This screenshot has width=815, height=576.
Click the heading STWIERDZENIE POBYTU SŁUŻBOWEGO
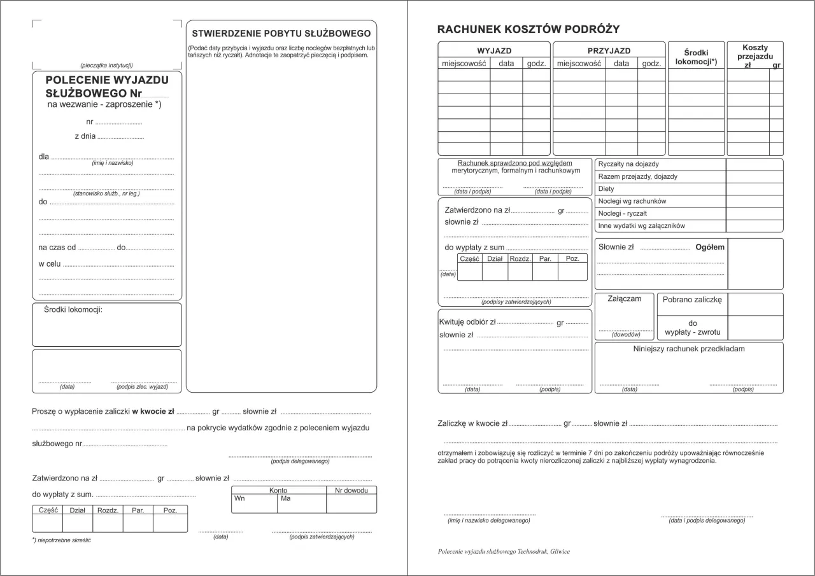(281, 33)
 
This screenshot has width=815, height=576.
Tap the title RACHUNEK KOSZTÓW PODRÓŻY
(528, 29)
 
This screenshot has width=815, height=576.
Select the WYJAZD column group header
(494, 51)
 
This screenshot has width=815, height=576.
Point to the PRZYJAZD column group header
(609, 51)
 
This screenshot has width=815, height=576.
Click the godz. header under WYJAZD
(536, 64)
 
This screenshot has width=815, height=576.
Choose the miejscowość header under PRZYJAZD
(579, 64)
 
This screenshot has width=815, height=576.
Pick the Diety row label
(606, 189)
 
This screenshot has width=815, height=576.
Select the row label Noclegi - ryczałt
(622, 214)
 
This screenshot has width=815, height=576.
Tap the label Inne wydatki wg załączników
(641, 226)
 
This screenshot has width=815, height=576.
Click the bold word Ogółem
(709, 247)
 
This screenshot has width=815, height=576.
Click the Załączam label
(624, 299)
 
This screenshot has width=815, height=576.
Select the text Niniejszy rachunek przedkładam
(688, 349)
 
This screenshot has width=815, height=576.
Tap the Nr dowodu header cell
(351, 491)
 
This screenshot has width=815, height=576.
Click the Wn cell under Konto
(239, 498)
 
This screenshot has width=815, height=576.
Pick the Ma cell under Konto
(285, 498)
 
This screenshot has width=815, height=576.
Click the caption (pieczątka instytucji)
(106, 66)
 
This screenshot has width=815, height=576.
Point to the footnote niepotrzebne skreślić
(63, 540)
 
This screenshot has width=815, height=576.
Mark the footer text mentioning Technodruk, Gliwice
(504, 552)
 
